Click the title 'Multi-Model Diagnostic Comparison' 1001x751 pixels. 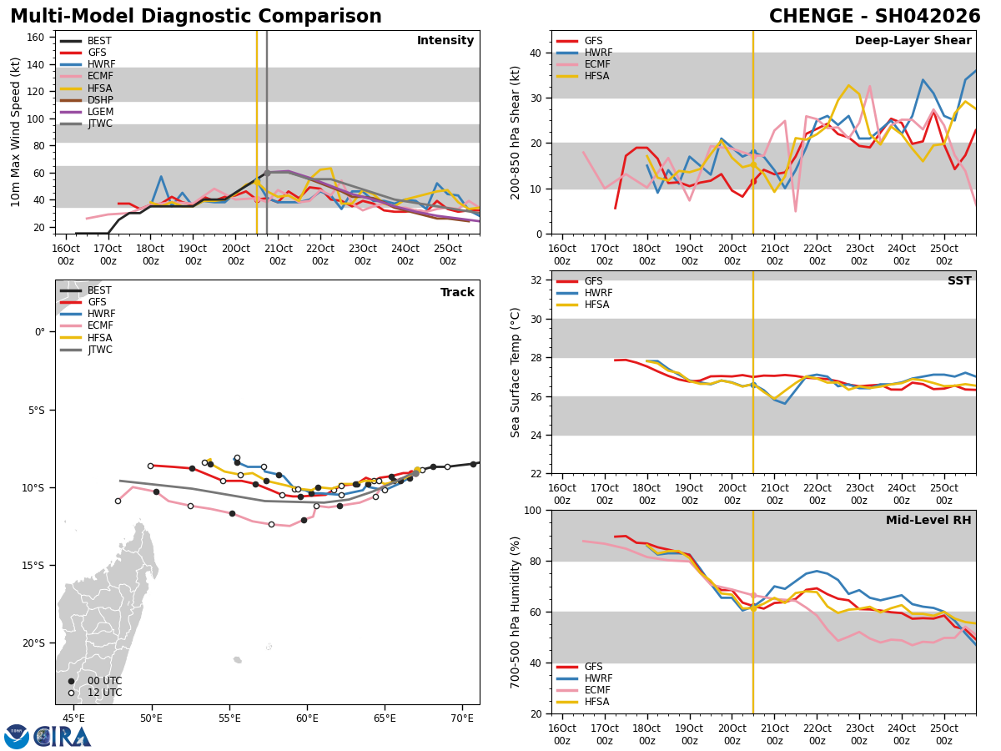(195, 17)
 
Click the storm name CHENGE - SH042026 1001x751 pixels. (874, 17)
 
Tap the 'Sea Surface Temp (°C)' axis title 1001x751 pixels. (516, 372)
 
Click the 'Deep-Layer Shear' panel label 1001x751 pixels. (913, 41)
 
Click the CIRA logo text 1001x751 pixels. (63, 736)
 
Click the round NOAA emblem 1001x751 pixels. (17, 736)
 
